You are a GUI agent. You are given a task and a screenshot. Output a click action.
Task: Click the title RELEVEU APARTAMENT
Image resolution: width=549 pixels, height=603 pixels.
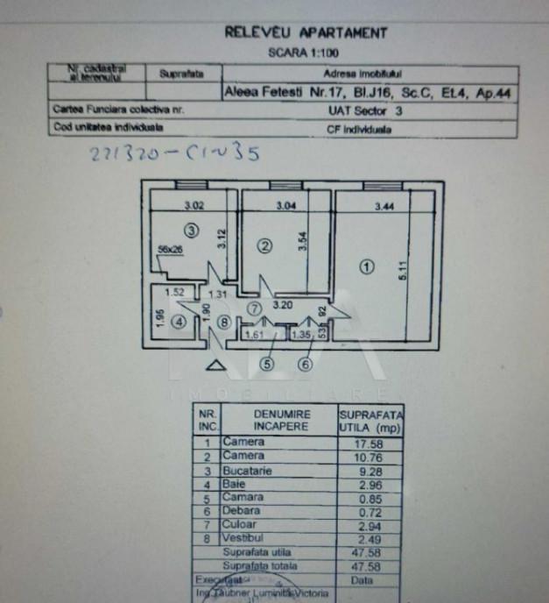[306, 32]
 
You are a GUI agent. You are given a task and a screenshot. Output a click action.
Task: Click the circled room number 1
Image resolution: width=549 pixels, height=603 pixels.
[369, 266]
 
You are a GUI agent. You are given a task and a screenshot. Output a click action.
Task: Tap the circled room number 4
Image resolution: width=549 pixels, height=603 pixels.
[179, 322]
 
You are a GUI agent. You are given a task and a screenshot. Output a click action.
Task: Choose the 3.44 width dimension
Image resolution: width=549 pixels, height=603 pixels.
[384, 208]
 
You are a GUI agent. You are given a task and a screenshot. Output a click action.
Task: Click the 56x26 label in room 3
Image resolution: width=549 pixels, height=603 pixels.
[171, 249]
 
